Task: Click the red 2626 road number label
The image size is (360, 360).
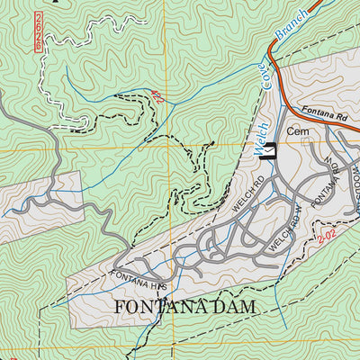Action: [37, 30]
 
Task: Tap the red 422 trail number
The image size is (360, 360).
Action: [158, 100]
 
